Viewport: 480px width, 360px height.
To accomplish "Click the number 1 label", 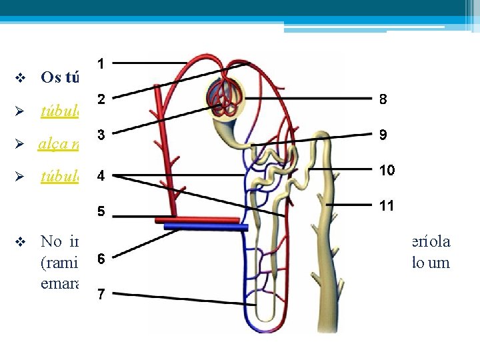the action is pyautogui.click(x=100, y=64).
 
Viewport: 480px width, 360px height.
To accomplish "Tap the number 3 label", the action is pyautogui.click(x=100, y=134).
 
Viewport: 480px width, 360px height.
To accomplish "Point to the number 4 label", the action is pyautogui.click(x=100, y=177).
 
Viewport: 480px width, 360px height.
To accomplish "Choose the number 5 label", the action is pyautogui.click(x=100, y=213).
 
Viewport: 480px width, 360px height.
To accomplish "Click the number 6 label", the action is pyautogui.click(x=100, y=258).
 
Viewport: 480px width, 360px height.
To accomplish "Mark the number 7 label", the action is pyautogui.click(x=100, y=294).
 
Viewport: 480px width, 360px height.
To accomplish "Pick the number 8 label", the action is pyautogui.click(x=383, y=99).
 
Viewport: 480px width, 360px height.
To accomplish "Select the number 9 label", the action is pyautogui.click(x=383, y=135).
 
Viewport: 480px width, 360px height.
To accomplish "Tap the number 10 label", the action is pyautogui.click(x=387, y=170).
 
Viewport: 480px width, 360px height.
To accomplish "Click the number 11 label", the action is pyautogui.click(x=387, y=206).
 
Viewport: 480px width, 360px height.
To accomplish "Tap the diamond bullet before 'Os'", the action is pyautogui.click(x=19, y=78).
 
